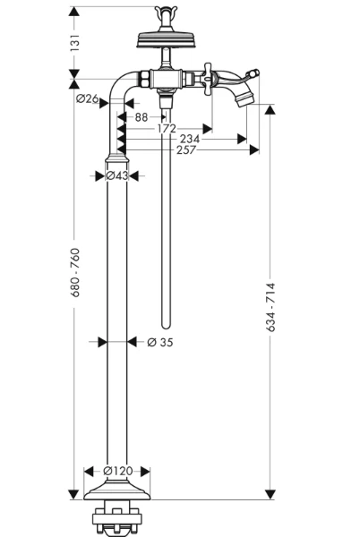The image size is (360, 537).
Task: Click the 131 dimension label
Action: (x=74, y=43)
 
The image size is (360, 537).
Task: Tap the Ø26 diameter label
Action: (x=88, y=98)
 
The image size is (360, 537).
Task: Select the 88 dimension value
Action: (x=141, y=117)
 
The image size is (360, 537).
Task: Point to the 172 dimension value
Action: (x=167, y=128)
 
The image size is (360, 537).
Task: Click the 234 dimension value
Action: (x=190, y=139)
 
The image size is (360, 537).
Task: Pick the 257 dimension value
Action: (x=186, y=150)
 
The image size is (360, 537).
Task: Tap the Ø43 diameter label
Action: (x=116, y=175)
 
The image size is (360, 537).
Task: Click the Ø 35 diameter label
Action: (x=160, y=342)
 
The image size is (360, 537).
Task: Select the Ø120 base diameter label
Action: (x=118, y=471)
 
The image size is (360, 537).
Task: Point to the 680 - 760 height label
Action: (x=74, y=273)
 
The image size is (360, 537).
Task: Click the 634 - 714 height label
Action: (x=270, y=307)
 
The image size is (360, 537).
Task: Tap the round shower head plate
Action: (x=167, y=39)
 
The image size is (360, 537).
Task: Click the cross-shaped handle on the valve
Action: (x=207, y=79)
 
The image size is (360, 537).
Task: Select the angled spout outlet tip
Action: (x=244, y=98)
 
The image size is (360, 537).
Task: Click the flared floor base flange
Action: (x=116, y=490)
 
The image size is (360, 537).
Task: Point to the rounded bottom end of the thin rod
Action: (x=166, y=326)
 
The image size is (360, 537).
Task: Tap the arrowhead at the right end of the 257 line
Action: (x=254, y=150)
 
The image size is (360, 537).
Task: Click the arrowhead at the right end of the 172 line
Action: (x=207, y=129)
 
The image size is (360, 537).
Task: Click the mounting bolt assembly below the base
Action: (x=116, y=518)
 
